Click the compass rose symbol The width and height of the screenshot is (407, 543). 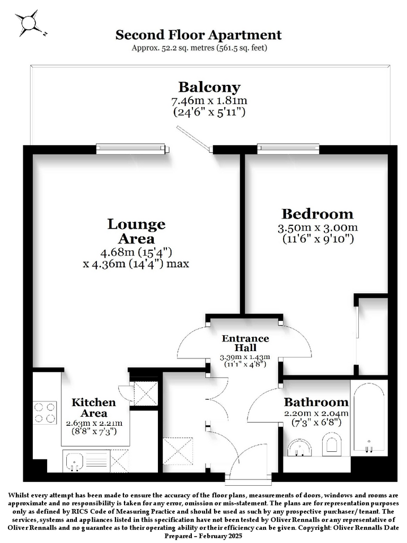click(x=28, y=23)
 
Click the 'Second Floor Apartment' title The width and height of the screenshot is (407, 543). click(x=198, y=35)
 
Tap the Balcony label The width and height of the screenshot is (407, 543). click(x=209, y=87)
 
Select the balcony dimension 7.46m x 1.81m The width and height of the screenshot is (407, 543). click(x=209, y=101)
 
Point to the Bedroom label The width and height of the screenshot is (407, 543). click(x=317, y=214)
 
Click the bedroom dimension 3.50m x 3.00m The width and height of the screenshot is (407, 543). click(x=318, y=227)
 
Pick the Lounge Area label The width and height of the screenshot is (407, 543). click(x=136, y=231)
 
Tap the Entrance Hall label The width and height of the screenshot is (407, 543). click(x=245, y=343)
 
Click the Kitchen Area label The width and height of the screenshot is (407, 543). click(x=94, y=408)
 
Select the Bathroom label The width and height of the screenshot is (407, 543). click(x=316, y=402)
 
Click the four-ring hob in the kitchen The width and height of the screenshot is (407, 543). click(x=45, y=413)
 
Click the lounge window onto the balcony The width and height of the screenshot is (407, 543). click(x=132, y=149)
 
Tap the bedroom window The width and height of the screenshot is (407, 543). click(x=288, y=148)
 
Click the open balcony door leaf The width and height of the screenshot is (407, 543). click(x=194, y=138)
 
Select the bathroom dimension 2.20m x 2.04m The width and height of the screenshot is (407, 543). click(x=316, y=413)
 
